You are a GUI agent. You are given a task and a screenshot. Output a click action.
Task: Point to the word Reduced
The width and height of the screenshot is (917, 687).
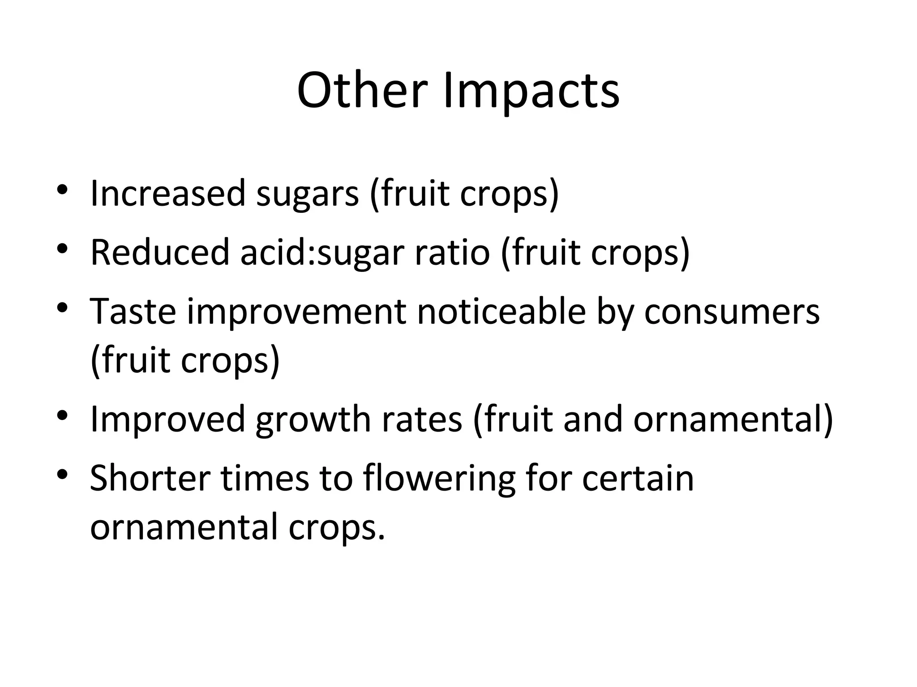(x=160, y=252)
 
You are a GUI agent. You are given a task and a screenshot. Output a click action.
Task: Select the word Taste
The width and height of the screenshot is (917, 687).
(x=133, y=311)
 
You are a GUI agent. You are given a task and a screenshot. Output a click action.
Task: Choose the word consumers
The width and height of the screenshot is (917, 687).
(x=732, y=312)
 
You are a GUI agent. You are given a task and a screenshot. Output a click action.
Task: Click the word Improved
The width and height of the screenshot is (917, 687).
(x=167, y=420)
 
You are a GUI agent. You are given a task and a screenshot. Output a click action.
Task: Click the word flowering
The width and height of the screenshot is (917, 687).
(x=439, y=479)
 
